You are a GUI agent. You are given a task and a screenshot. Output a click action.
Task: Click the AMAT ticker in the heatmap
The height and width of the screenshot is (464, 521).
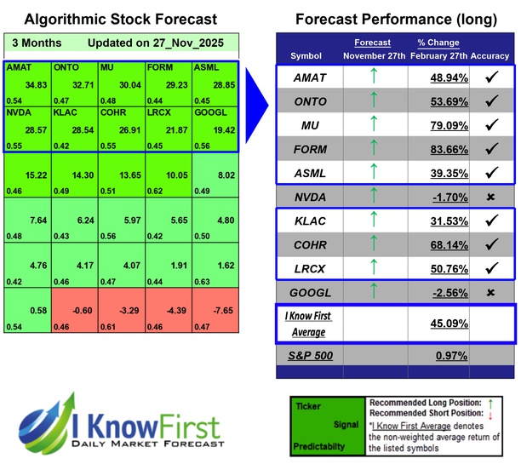click(19, 66)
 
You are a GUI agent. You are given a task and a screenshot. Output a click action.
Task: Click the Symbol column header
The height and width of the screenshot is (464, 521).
click(306, 56)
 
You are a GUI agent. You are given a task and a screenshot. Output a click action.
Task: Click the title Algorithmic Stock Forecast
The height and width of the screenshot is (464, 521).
click(120, 19)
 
